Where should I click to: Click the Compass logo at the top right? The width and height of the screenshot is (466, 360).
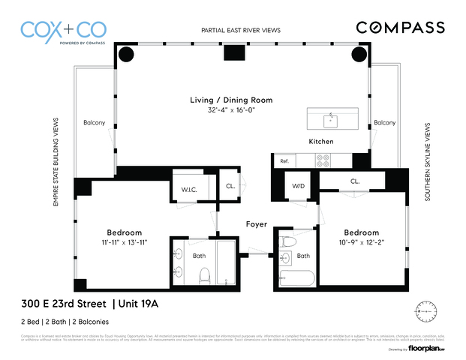(x=400, y=28)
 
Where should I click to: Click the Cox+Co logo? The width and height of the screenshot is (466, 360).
(x=64, y=31)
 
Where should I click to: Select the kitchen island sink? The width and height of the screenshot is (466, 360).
(x=331, y=120)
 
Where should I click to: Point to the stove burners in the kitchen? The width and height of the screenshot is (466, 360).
(x=323, y=160)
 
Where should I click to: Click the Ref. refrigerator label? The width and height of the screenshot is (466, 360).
(x=284, y=161)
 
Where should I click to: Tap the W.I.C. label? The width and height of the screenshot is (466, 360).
(x=188, y=189)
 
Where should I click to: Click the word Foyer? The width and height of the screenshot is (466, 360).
(x=257, y=224)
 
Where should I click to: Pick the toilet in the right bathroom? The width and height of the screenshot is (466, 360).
(x=287, y=244)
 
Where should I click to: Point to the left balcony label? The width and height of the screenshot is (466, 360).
(x=94, y=122)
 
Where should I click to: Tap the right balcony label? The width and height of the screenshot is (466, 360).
(x=384, y=122)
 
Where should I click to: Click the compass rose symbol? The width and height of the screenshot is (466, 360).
(x=425, y=310)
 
